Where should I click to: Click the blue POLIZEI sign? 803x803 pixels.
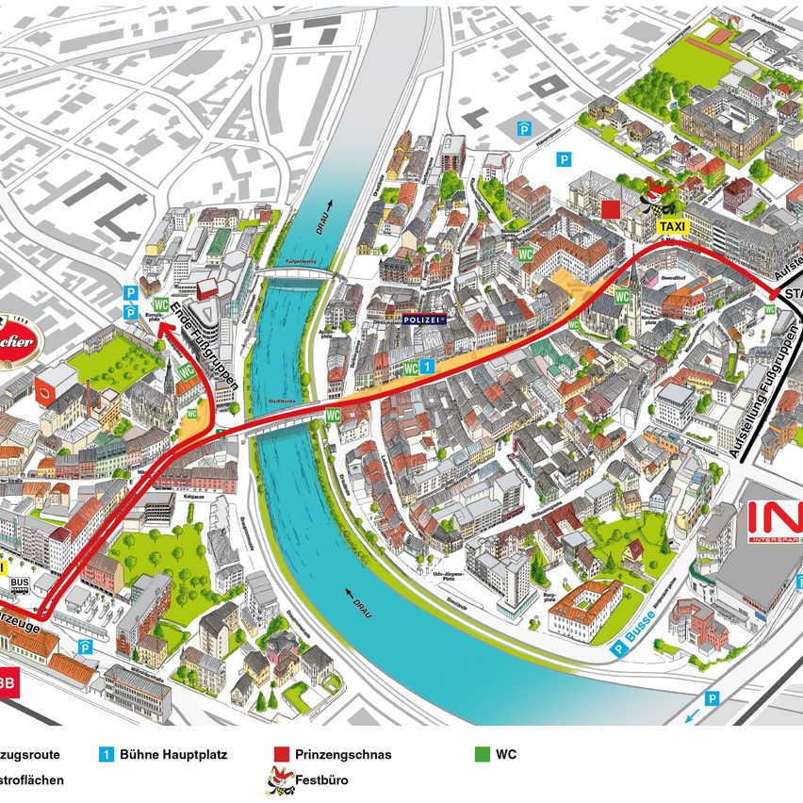(422, 320)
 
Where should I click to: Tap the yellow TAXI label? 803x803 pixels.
(672, 227)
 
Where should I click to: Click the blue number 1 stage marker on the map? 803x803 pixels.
(426, 365)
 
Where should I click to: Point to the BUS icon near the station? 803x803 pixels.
(18, 584)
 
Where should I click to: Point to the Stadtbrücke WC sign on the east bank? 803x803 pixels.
(333, 415)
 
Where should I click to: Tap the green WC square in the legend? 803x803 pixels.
(483, 755)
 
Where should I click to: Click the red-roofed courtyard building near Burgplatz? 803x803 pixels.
(585, 609)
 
